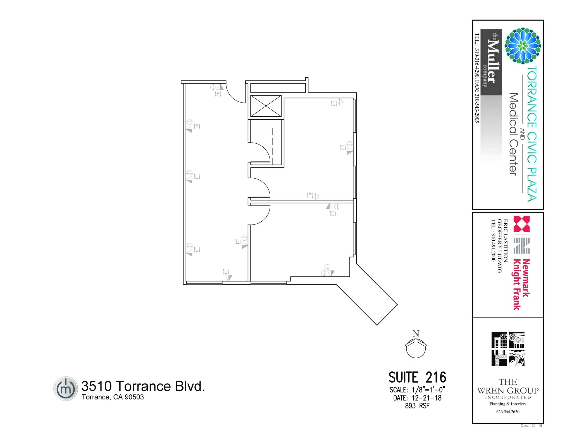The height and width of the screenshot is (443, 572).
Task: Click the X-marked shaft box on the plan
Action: (266, 106)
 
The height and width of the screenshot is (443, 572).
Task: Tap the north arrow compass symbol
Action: (416, 348)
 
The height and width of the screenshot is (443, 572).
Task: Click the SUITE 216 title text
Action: (417, 377)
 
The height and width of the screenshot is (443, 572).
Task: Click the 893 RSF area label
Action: (417, 406)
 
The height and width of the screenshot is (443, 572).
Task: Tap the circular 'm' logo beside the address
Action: (65, 388)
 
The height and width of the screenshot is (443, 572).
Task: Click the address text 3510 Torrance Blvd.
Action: (143, 386)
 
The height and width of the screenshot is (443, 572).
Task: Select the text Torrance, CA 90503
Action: (113, 397)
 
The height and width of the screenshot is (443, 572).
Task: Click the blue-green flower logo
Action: (523, 46)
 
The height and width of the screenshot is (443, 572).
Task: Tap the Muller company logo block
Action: (491, 62)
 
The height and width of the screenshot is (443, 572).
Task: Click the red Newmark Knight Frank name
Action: (521, 284)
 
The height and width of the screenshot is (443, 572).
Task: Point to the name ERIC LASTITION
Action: (506, 240)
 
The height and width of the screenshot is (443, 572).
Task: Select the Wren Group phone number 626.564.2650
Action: (508, 412)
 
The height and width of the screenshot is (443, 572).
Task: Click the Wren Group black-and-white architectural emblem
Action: (508, 349)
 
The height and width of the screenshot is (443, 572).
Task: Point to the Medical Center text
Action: (513, 134)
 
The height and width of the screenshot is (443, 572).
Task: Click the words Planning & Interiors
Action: (508, 404)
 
